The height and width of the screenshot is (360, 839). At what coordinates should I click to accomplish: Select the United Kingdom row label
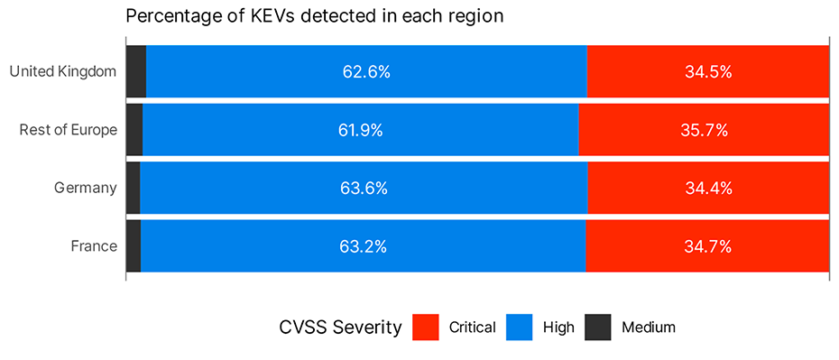pos(62,71)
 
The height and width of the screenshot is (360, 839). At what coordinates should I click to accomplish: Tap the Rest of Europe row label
pos(69,130)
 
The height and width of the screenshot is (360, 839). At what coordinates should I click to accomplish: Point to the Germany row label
pos(86,188)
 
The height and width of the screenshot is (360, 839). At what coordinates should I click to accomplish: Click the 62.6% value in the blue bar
pos(366,71)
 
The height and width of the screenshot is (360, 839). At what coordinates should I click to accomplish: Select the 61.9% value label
pos(360,130)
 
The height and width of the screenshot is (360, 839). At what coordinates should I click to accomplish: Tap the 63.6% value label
pos(364,189)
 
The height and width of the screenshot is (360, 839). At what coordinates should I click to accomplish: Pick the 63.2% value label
pos(363,246)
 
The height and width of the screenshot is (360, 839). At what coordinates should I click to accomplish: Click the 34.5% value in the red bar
pos(707,71)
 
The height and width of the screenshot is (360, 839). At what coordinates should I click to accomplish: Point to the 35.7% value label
pos(704,130)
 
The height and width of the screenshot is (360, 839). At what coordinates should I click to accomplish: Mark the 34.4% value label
pos(708,189)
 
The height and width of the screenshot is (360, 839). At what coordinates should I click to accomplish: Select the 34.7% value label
pos(707,246)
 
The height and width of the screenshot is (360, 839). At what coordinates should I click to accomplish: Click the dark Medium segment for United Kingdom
pos(136,71)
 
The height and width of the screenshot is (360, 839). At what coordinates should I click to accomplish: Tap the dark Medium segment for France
pos(134,246)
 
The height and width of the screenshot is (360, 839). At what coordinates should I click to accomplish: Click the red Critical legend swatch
pos(425,327)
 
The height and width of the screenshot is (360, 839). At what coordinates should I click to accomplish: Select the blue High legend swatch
pos(520,327)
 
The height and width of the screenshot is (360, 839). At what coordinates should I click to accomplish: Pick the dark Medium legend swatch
pos(597,327)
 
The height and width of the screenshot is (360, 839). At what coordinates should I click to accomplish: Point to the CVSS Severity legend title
pos(340,328)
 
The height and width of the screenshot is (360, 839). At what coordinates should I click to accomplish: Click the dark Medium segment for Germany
pos(133,189)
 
